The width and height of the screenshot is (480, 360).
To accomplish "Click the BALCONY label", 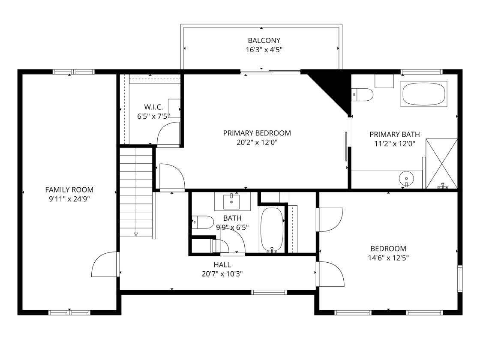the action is coord(264,40).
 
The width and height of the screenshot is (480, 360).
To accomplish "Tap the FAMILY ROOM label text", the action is coord(69,190).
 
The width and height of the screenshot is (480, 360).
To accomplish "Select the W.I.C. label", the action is coord(153,107).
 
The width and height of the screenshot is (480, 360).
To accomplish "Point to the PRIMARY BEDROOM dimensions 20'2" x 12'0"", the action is coord(257,142).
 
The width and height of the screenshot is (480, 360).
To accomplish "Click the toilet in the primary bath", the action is coord(362,95).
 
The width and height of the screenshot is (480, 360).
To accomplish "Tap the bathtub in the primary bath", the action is coord(424,94).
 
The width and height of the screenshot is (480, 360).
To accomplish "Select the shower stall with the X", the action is coord(441,164).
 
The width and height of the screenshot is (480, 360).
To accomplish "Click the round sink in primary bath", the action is coord(406,178).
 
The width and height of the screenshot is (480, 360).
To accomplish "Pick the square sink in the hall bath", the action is coord(231,201).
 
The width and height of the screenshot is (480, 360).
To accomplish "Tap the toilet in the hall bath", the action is coord(203,222).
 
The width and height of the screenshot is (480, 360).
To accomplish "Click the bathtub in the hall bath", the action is coord(272,229).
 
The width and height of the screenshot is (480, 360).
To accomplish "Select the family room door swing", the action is coord(104,264).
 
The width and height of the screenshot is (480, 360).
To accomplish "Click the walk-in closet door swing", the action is coord(168,133).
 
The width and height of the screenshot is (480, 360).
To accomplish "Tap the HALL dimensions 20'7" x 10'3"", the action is coord(222,274).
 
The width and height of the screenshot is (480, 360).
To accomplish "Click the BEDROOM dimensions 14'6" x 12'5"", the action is coord(388,258).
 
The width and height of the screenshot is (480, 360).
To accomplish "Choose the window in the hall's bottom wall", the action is coord(269,292).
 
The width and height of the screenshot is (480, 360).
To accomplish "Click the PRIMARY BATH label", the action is coord(395,135).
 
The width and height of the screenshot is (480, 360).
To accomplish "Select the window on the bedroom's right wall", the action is coord(460,279).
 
